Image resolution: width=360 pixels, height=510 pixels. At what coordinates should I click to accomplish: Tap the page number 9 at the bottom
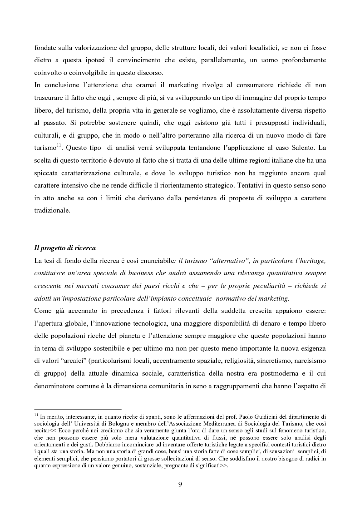(x=180, y=484)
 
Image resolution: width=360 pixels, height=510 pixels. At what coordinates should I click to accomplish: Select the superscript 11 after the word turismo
(x=59, y=145)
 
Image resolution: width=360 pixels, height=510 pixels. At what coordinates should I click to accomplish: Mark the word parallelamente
(x=221, y=59)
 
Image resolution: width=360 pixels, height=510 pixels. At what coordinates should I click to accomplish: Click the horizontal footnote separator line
(x=78, y=409)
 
